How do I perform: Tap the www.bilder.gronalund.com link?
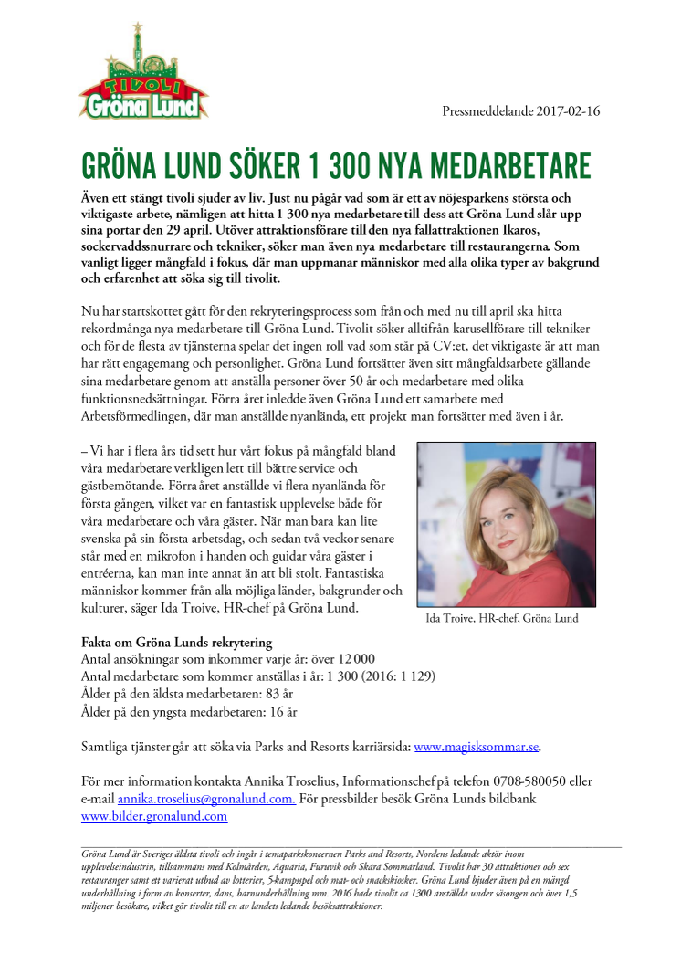pos(141,816)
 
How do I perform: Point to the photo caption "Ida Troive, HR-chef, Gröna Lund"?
pos(501,618)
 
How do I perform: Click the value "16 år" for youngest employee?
pos(280,712)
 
